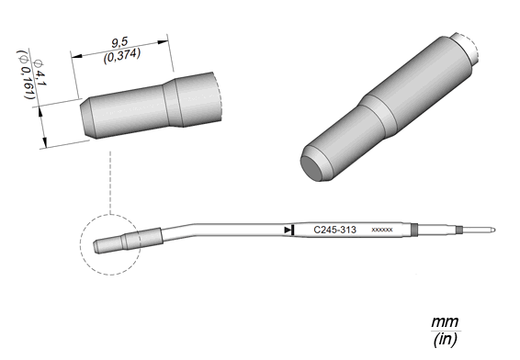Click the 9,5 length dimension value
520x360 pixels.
point(119,42)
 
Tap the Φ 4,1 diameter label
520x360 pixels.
point(40,73)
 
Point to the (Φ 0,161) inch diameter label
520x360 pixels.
point(27,74)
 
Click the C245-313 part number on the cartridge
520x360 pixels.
point(334,230)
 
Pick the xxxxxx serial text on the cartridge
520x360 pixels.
point(382,230)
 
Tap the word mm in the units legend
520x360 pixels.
point(445,321)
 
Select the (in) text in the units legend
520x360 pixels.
point(445,340)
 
